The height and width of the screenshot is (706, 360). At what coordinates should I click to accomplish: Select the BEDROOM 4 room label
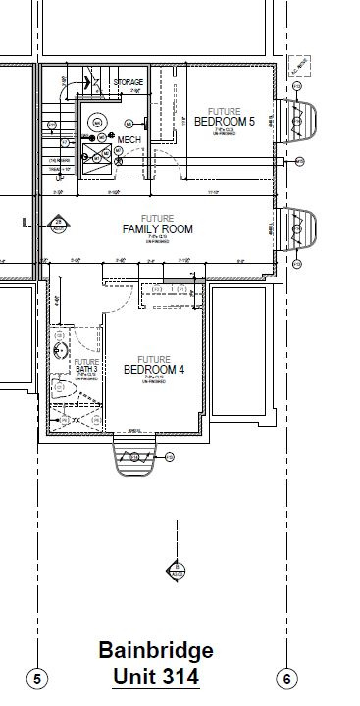(x=155, y=369)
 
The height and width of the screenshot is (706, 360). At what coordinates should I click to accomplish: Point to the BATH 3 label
(x=85, y=368)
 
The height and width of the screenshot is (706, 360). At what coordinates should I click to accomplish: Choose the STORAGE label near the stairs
(x=129, y=82)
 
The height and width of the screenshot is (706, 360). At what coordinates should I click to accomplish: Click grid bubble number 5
(x=37, y=679)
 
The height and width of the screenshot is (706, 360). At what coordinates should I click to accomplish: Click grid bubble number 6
(x=286, y=679)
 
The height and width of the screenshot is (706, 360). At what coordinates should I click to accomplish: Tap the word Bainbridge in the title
(x=155, y=651)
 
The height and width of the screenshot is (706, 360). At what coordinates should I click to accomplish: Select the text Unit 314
(x=156, y=677)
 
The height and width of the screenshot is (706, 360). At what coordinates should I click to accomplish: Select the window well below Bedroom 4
(x=132, y=455)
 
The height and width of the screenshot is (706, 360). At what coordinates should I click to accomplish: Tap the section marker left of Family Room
(x=59, y=224)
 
